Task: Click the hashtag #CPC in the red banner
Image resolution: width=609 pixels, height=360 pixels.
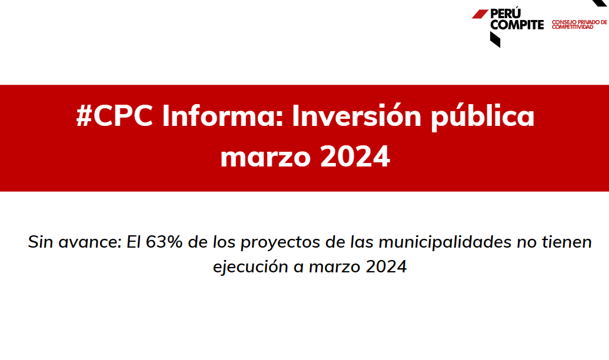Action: click(x=115, y=116)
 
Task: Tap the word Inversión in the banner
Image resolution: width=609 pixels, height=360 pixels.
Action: click(x=357, y=115)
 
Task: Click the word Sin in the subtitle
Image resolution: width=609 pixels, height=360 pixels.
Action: click(x=41, y=242)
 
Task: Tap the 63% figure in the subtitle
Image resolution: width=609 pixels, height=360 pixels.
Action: click(x=164, y=242)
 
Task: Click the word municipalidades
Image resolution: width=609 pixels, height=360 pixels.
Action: click(x=445, y=242)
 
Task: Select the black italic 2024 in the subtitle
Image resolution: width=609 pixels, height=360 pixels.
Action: click(x=386, y=266)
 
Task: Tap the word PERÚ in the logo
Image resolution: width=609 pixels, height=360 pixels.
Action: click(x=505, y=13)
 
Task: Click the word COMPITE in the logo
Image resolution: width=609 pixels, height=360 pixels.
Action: click(x=517, y=25)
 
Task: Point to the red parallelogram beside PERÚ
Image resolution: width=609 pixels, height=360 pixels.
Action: click(x=480, y=14)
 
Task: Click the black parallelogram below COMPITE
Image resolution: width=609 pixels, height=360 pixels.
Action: click(x=495, y=39)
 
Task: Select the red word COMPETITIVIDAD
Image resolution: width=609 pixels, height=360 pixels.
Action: click(x=573, y=27)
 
